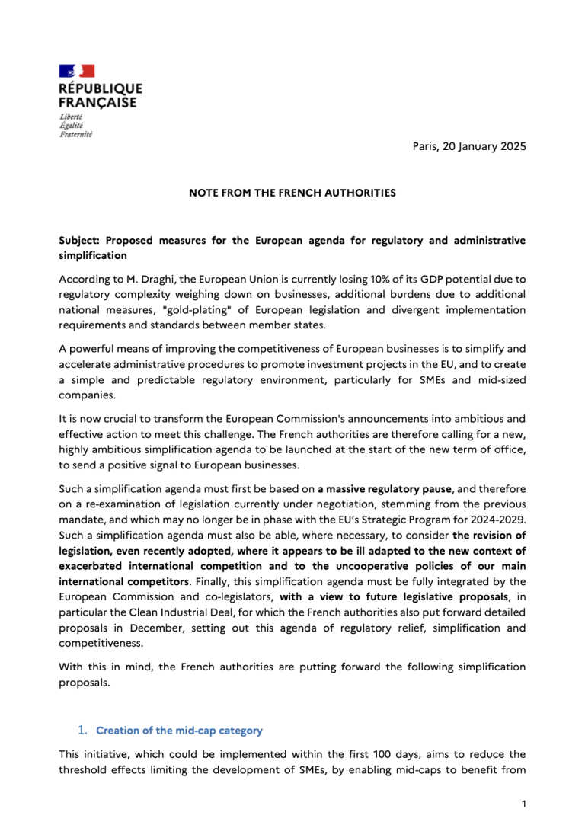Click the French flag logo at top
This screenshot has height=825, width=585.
(x=77, y=71)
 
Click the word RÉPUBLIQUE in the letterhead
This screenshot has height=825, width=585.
(x=101, y=88)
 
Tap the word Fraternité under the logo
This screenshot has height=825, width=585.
(x=75, y=134)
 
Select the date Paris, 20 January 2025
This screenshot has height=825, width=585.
(x=464, y=146)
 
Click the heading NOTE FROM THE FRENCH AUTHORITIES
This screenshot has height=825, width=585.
(x=292, y=193)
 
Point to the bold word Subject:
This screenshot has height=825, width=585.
(x=81, y=241)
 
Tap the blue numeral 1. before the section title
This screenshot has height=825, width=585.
(x=84, y=730)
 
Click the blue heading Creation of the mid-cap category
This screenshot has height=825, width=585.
(x=179, y=731)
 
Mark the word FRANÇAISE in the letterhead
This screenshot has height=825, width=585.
(x=98, y=102)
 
